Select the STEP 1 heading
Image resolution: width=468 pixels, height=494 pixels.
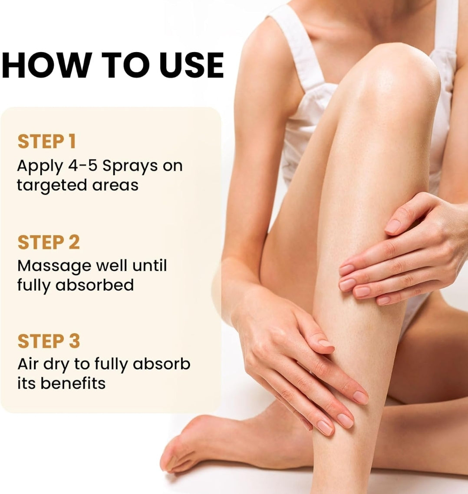coord(47,141)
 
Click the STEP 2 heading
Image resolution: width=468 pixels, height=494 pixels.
coord(49,242)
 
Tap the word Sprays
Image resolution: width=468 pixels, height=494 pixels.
coord(130,167)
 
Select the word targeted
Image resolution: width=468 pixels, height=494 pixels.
coord(52,186)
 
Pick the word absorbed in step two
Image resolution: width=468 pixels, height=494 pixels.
coord(95,285)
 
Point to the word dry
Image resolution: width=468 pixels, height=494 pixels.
coord(56,365)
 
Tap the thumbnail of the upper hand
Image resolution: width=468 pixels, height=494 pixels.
coord(393,226)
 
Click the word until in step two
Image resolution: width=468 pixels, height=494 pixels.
coord(149,265)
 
